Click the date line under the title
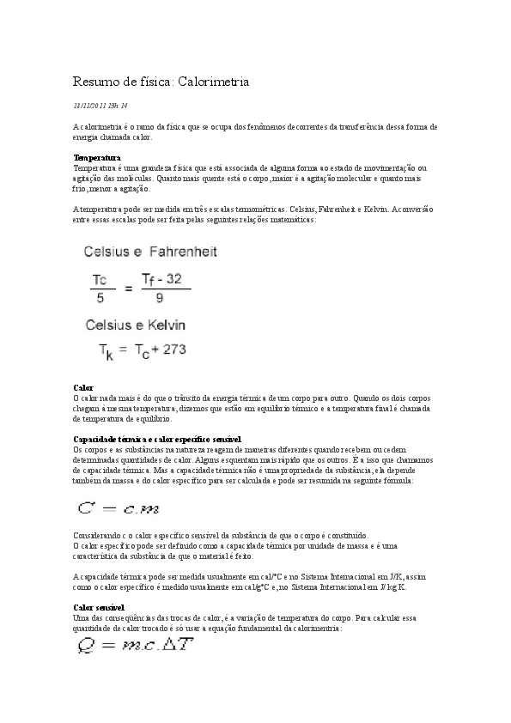coord(100,106)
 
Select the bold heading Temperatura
coord(96,158)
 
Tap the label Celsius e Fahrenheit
coord(150,252)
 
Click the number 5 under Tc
coord(100,299)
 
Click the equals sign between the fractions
coord(129,289)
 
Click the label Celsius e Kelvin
coord(135,325)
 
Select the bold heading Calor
coord(83,388)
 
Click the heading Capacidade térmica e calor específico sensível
coord(157,439)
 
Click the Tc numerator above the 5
coord(100,279)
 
